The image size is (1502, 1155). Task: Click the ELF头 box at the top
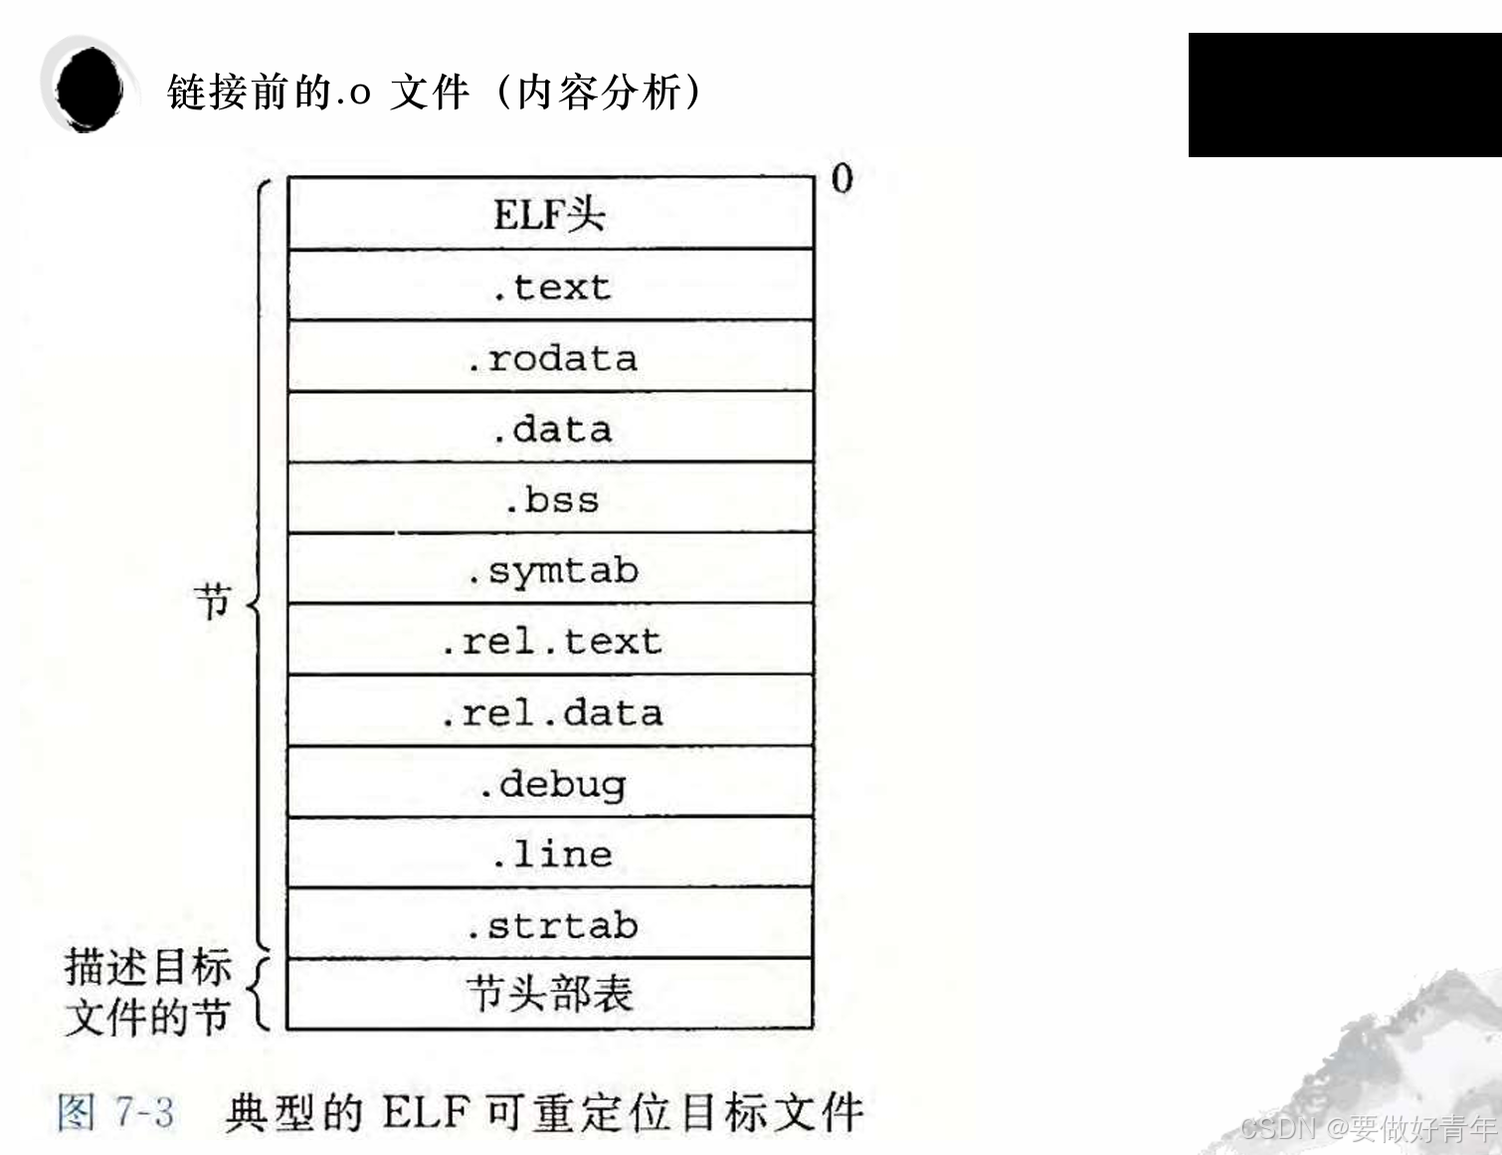(x=550, y=214)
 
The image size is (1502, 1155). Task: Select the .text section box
(x=550, y=287)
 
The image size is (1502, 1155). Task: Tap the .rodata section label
(x=552, y=358)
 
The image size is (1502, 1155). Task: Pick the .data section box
(x=550, y=429)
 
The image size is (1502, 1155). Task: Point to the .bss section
(x=550, y=499)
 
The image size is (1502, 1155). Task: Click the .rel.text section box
(x=550, y=641)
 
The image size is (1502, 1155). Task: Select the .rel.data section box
(x=550, y=712)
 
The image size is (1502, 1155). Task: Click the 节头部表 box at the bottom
(x=550, y=994)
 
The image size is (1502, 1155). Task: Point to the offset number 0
(x=842, y=179)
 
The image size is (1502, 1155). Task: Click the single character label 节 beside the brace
(x=213, y=602)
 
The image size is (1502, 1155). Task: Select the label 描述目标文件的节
(x=147, y=992)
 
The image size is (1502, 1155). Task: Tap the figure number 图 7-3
(x=115, y=1111)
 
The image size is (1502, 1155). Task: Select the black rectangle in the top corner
(x=1344, y=95)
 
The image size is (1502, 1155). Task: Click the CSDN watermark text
(x=1368, y=1128)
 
